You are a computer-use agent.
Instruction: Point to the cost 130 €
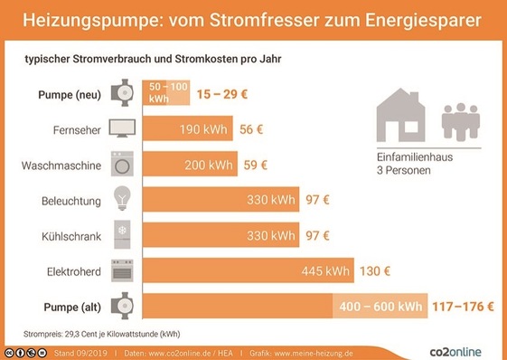coord(375,271)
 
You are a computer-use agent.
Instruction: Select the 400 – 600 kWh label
coord(380,307)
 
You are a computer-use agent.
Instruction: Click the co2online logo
coord(456,348)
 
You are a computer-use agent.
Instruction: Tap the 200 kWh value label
coord(208,165)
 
